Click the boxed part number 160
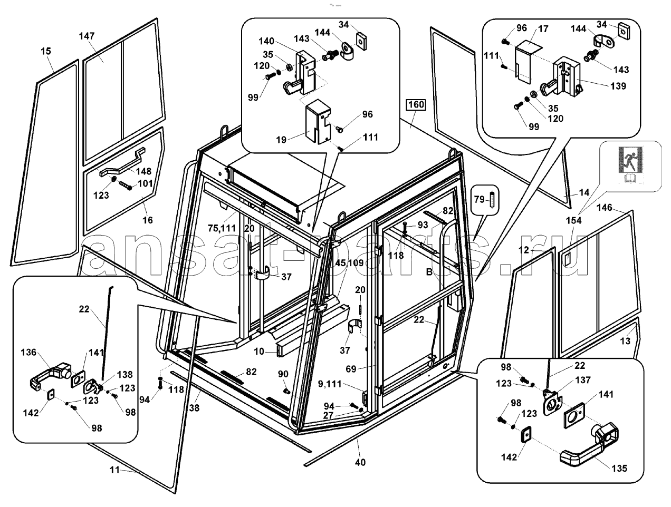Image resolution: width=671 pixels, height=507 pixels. pyautogui.click(x=415, y=105)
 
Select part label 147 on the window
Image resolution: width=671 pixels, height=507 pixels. pyautogui.click(x=87, y=36)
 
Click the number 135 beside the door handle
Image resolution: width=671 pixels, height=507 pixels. pyautogui.click(x=620, y=468)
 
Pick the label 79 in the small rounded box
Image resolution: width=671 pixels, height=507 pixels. pyautogui.click(x=479, y=199)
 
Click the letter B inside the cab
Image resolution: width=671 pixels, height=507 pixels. pyautogui.click(x=429, y=272)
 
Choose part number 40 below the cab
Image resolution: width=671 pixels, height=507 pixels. pyautogui.click(x=360, y=462)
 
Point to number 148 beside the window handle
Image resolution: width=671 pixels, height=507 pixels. pyautogui.click(x=143, y=171)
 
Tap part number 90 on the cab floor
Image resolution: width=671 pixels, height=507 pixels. pyautogui.click(x=283, y=374)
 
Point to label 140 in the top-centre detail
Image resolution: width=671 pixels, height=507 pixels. pyautogui.click(x=267, y=41)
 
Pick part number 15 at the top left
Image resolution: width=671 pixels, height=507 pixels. pyautogui.click(x=46, y=51)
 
